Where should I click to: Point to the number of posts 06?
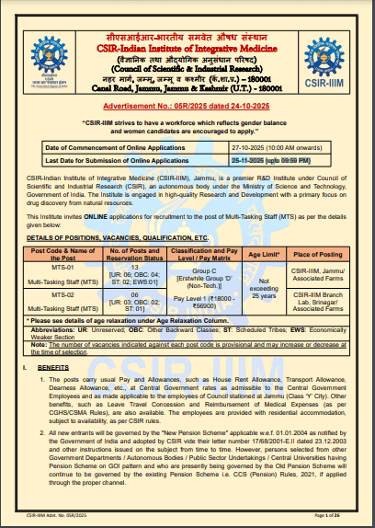click(x=135, y=294)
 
